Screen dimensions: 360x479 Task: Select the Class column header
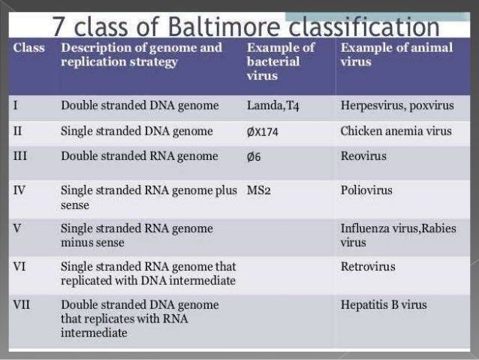pos(29,48)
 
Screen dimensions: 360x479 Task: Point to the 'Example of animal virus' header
pos(396,54)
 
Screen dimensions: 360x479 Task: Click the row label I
pos(16,106)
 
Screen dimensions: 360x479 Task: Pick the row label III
pos(20,156)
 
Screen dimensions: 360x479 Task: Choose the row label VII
pos(21,304)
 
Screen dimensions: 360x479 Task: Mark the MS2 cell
pos(258,190)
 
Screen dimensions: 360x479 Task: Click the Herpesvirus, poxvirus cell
pos(392,106)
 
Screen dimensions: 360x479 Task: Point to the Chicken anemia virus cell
pos(396,132)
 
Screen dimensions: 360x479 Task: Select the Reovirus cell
pos(363,156)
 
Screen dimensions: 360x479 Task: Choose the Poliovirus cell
pos(366,190)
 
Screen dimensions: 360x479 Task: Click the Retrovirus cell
pos(367,266)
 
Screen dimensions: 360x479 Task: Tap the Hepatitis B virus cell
pos(383,304)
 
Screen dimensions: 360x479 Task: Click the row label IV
pos(19,190)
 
